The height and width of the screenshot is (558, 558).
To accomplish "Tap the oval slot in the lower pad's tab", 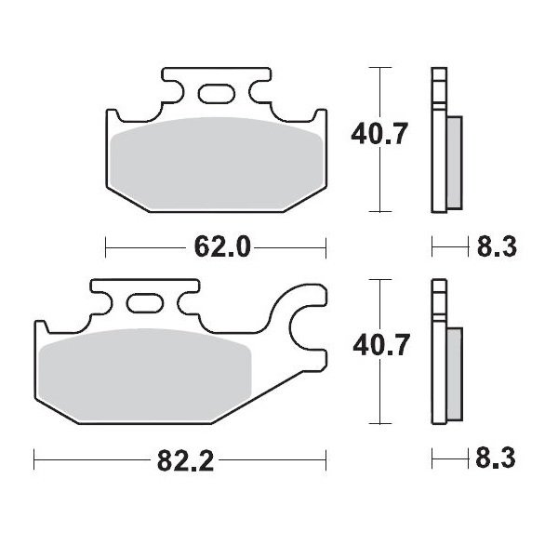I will click(x=144, y=303).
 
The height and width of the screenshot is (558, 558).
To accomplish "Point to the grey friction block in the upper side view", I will click(x=454, y=162).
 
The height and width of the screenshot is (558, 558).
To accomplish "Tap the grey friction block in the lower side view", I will click(x=454, y=372).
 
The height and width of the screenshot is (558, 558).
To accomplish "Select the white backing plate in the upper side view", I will click(x=437, y=139).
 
